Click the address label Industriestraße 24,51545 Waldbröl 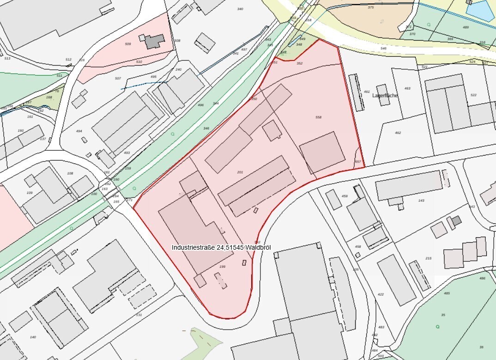221,247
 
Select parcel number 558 318,118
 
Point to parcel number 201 240,172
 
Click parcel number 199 223,267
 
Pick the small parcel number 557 357,162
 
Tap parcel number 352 299,63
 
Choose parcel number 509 128,44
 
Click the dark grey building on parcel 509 153,41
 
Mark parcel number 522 473,95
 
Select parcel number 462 398,133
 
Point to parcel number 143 421,200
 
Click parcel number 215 428,258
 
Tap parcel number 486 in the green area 482,278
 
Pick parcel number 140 33,337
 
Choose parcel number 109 30,192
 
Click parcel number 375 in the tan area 370,7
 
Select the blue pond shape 482,10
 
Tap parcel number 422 381,294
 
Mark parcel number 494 79,131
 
